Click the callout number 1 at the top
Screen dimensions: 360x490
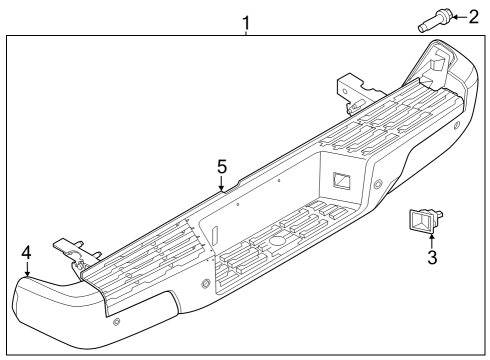click(245, 20)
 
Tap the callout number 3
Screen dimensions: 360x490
click(431, 258)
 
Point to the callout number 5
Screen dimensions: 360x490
click(223, 166)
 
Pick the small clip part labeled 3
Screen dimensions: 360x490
click(424, 219)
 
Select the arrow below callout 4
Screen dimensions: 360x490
click(27, 268)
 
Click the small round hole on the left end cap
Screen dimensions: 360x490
click(117, 321)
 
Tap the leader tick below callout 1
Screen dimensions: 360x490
click(245, 32)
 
